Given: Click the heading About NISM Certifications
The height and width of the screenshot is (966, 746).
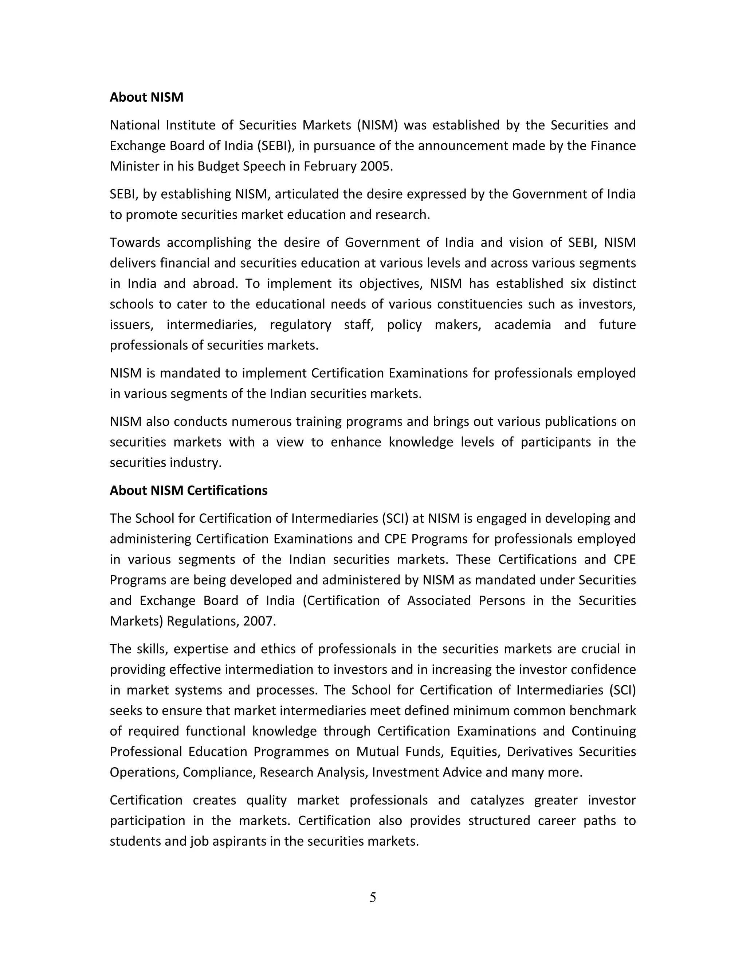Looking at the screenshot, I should [x=188, y=491].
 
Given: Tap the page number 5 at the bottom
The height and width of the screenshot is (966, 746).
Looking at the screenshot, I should [x=373, y=897].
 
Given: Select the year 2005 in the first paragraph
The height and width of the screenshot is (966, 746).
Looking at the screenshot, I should [x=376, y=166].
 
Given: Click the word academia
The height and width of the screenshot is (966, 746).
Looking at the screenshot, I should [x=522, y=325].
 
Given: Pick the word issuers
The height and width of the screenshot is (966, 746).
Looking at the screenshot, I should [x=131, y=325].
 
